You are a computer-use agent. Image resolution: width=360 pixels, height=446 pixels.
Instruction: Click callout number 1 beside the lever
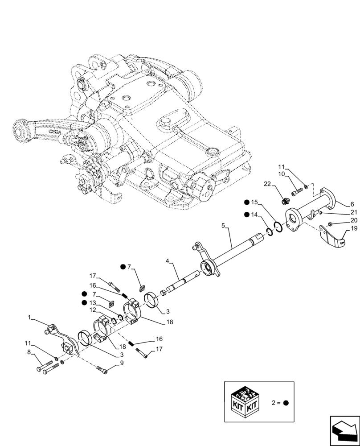29,318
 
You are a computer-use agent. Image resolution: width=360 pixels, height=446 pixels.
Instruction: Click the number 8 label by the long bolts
29,352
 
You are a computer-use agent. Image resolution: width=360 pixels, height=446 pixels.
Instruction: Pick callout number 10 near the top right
282,174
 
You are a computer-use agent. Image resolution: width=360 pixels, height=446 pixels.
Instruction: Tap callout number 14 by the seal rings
254,215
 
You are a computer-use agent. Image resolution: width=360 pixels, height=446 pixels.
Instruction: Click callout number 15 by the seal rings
254,202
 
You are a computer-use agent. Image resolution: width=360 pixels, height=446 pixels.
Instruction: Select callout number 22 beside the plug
267,184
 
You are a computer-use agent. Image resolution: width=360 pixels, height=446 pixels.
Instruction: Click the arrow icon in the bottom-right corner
344,430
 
